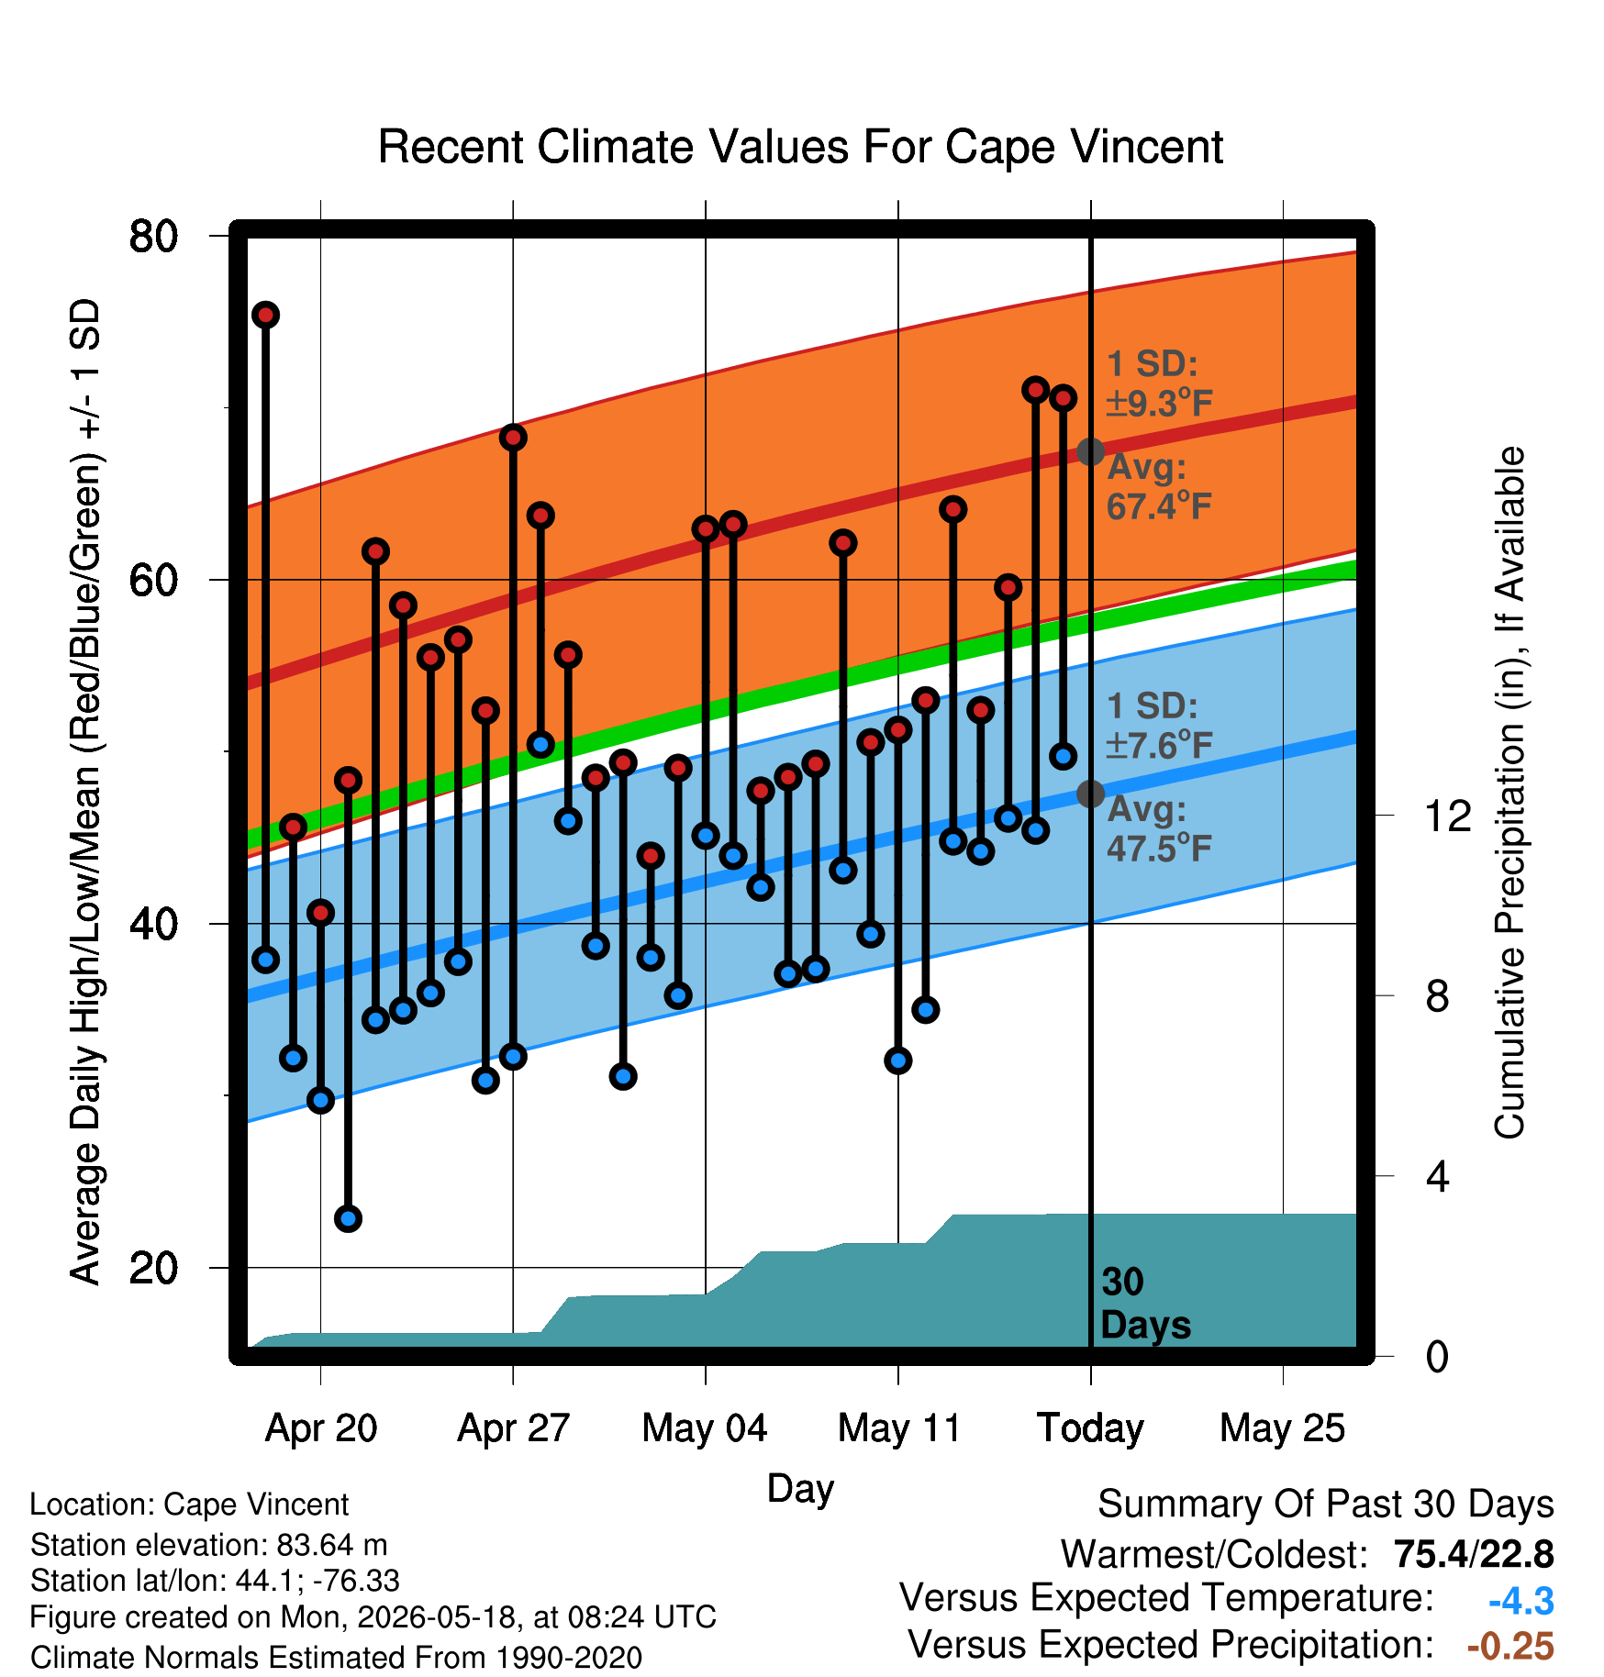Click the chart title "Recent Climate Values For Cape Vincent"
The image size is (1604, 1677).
click(x=800, y=147)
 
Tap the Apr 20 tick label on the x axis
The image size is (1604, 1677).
click(x=321, y=1428)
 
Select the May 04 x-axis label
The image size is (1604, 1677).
click(x=705, y=1428)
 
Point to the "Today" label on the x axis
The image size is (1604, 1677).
click(x=1090, y=1428)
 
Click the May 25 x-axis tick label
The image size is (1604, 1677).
click(x=1282, y=1428)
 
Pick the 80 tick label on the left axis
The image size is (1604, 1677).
click(x=153, y=236)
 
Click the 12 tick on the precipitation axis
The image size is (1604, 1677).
click(x=1448, y=816)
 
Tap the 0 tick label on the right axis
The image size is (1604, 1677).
click(x=1437, y=1355)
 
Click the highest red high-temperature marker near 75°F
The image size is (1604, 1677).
click(x=266, y=316)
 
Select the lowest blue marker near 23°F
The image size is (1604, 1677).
click(x=348, y=1218)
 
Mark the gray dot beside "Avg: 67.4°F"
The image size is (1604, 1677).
click(x=1090, y=451)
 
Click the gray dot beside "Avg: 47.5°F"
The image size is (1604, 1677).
click(x=1090, y=794)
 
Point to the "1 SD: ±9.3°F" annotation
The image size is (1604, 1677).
click(x=1159, y=383)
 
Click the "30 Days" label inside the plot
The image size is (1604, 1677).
click(x=1145, y=1304)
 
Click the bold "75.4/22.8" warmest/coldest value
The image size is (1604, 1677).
click(x=1474, y=1554)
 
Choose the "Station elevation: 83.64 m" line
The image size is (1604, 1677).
click(x=209, y=1546)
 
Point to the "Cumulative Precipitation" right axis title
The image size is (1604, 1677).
click(x=1509, y=793)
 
